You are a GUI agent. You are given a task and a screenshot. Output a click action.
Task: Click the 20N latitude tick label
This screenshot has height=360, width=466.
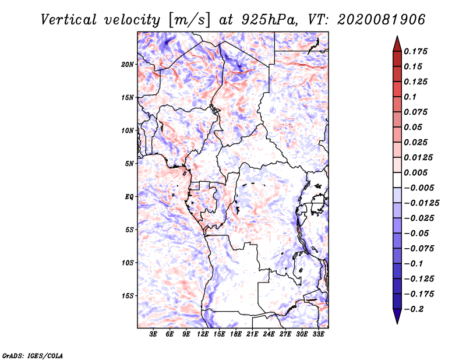coord(128,65)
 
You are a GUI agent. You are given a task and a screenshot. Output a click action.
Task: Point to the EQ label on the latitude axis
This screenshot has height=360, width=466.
coord(129,197)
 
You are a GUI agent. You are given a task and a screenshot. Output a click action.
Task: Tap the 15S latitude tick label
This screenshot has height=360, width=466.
coord(128,296)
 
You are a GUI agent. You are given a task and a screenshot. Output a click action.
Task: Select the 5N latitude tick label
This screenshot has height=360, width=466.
coord(129,164)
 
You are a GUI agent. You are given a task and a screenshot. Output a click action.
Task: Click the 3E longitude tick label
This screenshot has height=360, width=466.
coord(153,334)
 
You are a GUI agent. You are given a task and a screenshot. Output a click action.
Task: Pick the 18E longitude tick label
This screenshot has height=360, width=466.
coord(235,334)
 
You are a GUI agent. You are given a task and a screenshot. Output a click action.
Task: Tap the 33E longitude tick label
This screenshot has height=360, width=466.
coord(318,334)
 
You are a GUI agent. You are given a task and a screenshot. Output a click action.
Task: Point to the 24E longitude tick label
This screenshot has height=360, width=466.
coord(269,334)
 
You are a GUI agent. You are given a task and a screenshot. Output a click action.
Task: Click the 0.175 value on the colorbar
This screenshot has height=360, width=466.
coord(415,51)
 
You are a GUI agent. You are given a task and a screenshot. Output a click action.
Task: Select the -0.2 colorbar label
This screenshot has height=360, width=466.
coord(414,309)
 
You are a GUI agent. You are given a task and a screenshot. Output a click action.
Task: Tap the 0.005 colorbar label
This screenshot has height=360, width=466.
coord(415,172)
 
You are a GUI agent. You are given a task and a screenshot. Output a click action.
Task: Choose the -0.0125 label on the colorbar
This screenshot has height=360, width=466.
coord(421,203)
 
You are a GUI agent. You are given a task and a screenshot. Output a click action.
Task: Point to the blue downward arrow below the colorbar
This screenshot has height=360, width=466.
coord(397,315)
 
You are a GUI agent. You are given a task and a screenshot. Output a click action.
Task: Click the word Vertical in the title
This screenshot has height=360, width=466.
coord(68,20)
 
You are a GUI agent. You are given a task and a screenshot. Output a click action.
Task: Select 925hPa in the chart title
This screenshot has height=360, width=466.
coord(269,20)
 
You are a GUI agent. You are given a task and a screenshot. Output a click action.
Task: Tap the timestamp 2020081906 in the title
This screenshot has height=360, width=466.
coord(381,20)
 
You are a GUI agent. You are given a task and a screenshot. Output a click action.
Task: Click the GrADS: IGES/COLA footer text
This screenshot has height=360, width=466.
coord(32,356)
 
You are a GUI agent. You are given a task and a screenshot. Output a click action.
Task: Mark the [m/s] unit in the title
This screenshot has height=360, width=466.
coord(189,20)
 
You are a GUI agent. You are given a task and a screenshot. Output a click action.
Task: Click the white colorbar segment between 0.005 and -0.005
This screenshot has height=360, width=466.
coord(397,180)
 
